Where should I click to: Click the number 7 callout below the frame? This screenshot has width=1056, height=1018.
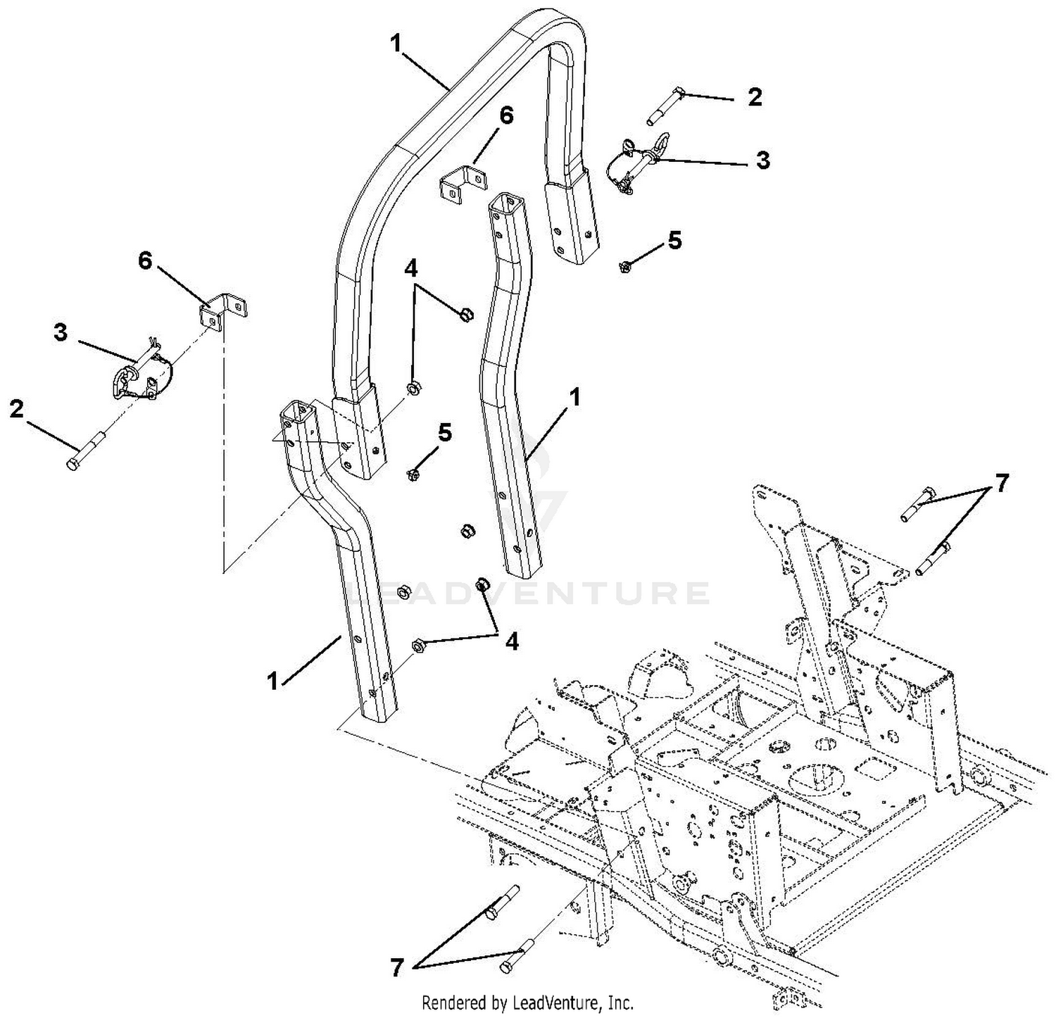pos(397,969)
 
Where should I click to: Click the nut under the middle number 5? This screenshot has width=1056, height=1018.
pos(413,475)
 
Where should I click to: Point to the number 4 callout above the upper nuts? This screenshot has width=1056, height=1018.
pos(411,268)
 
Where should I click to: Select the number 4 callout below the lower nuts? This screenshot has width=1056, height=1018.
pos(512,641)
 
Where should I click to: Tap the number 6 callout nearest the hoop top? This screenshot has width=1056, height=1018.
pos(507,115)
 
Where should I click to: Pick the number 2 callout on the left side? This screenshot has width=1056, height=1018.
pos(15,409)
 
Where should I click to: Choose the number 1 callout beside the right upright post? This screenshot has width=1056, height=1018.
pos(575,398)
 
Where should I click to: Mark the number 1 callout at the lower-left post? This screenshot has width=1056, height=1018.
pos(272,681)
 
